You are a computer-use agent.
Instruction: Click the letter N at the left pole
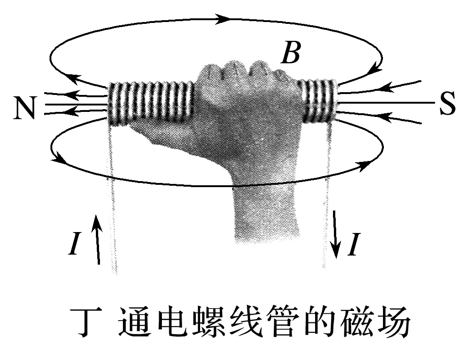[25, 108]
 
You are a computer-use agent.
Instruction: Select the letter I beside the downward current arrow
[353, 244]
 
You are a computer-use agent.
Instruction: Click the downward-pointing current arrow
[336, 234]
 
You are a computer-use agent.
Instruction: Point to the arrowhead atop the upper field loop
[223, 19]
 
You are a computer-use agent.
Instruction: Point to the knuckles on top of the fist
[239, 71]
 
